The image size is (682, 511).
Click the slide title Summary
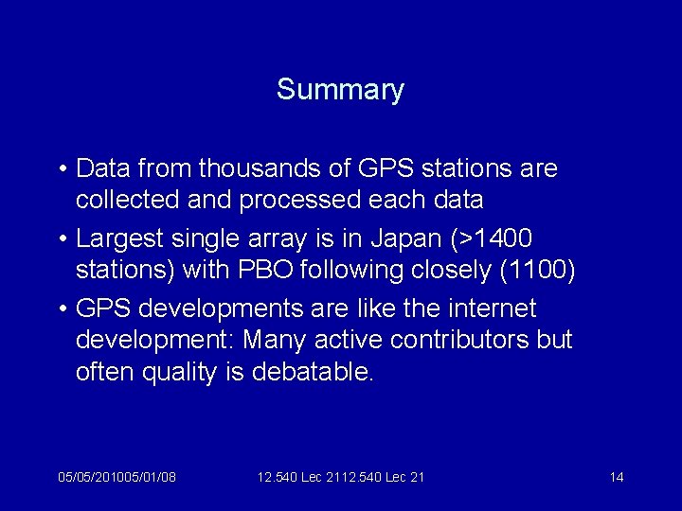340,91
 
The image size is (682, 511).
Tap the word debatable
314,371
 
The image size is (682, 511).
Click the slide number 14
617,477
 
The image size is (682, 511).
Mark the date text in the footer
117,477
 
